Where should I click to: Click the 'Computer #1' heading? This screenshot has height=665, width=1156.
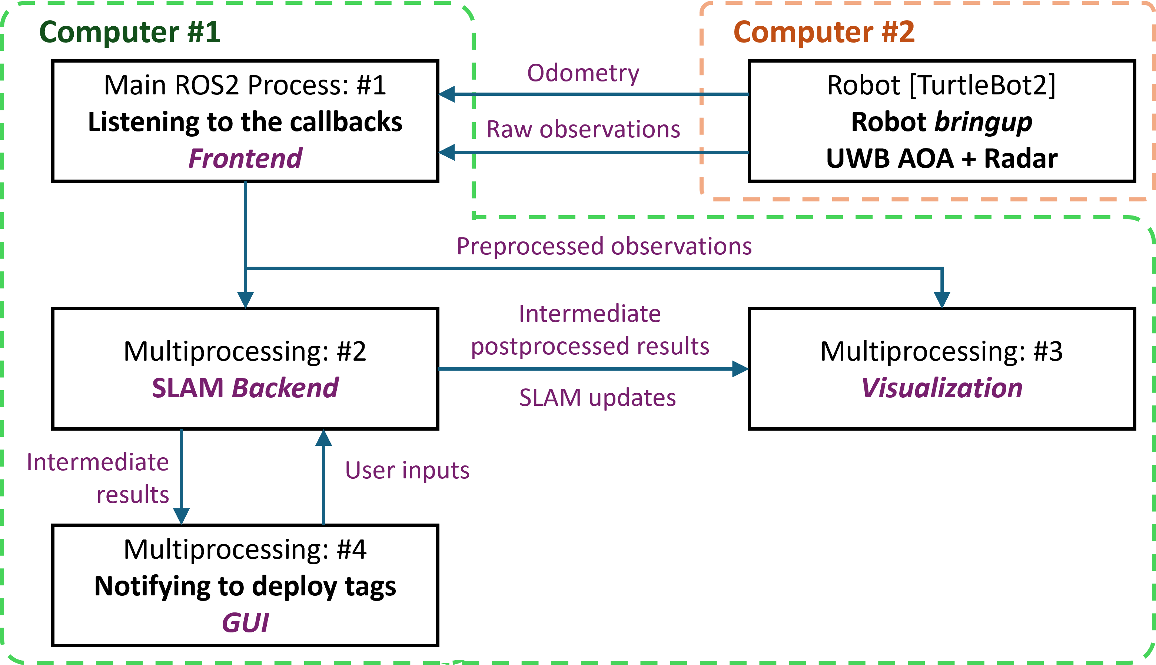click(x=130, y=32)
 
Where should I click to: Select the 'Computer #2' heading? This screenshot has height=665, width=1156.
click(x=824, y=32)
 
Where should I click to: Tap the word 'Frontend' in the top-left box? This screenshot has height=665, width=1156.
click(x=245, y=158)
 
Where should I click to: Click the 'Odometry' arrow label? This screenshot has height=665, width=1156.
click(x=583, y=73)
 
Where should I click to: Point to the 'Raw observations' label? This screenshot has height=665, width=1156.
click(x=583, y=129)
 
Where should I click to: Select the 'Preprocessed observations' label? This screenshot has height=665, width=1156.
click(x=604, y=247)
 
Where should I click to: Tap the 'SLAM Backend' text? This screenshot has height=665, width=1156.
click(x=245, y=388)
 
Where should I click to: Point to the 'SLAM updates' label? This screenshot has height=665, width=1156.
click(x=597, y=398)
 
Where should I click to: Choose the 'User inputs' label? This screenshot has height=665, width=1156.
click(x=407, y=471)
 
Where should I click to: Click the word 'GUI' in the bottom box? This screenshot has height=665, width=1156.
click(x=245, y=622)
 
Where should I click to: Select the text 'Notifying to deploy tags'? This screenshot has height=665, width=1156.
click(x=245, y=586)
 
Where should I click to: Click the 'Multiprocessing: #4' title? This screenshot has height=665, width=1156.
click(x=245, y=549)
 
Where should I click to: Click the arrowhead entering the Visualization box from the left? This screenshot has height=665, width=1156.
click(x=740, y=368)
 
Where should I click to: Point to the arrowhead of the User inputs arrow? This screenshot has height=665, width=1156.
click(x=323, y=438)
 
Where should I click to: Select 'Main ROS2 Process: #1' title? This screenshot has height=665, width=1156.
click(x=245, y=86)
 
